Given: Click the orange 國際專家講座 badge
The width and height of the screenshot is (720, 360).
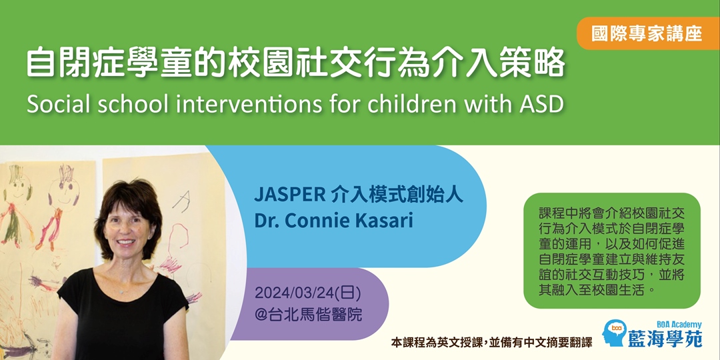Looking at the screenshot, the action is pyautogui.click(x=648, y=33).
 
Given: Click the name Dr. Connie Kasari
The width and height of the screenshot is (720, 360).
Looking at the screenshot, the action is pyautogui.click(x=334, y=221).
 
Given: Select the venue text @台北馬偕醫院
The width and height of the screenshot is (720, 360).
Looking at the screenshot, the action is pyautogui.click(x=307, y=315).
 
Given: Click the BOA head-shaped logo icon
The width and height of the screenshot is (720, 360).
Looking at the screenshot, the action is pyautogui.click(x=615, y=333).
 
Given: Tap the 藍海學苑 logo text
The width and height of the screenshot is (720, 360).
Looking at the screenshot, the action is pyautogui.click(x=665, y=339).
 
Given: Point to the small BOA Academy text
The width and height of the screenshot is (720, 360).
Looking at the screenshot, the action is pyautogui.click(x=682, y=324).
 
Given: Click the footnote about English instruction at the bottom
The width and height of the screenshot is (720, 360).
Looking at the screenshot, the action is pyautogui.click(x=491, y=342).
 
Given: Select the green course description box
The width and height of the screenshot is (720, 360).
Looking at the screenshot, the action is pyautogui.click(x=611, y=251).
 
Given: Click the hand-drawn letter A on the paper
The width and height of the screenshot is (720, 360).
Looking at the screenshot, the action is pyautogui.click(x=181, y=201).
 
